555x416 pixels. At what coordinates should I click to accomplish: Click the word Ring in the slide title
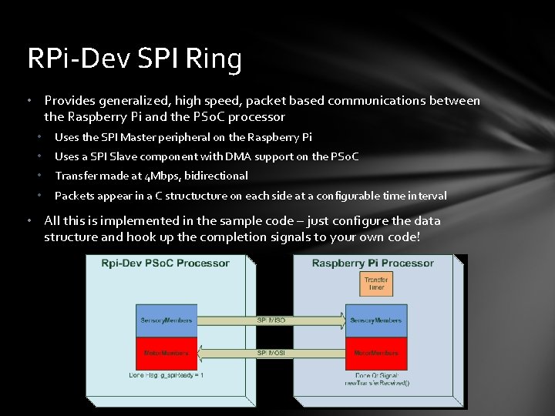pos(218,59)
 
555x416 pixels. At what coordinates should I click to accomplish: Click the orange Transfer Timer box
pos(376,283)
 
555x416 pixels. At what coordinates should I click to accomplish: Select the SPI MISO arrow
pos(271,319)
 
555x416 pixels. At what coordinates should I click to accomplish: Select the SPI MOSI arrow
pos(271,353)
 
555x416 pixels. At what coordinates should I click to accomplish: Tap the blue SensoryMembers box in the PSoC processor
pos(166,320)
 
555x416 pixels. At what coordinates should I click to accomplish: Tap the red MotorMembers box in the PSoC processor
pos(166,353)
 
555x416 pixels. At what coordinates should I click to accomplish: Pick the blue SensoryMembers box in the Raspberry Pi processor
pos(376,320)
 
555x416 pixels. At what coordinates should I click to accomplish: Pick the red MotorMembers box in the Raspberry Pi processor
pos(376,353)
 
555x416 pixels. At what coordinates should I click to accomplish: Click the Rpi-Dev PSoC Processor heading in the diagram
pos(166,263)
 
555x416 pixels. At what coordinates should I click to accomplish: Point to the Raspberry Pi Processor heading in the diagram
pos(372,263)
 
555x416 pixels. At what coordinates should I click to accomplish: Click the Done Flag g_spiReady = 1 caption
pos(166,375)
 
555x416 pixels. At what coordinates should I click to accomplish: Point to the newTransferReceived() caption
pos(377,384)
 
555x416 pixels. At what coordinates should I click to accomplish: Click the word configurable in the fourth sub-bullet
pos(332,196)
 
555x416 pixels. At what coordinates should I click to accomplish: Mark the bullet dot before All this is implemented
pos(29,221)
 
